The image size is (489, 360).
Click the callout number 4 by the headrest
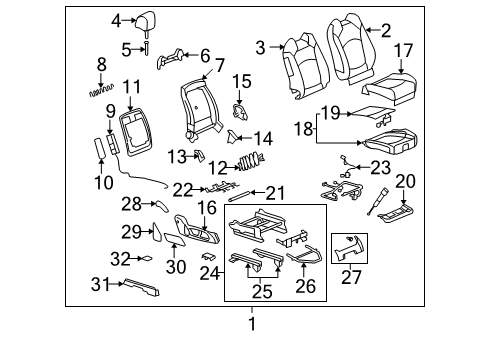tap(116, 20)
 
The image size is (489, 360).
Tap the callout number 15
tap(242, 80)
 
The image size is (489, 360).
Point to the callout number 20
tap(404, 180)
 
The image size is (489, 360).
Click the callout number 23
tap(381, 168)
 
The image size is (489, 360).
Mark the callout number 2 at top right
tap(385, 31)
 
